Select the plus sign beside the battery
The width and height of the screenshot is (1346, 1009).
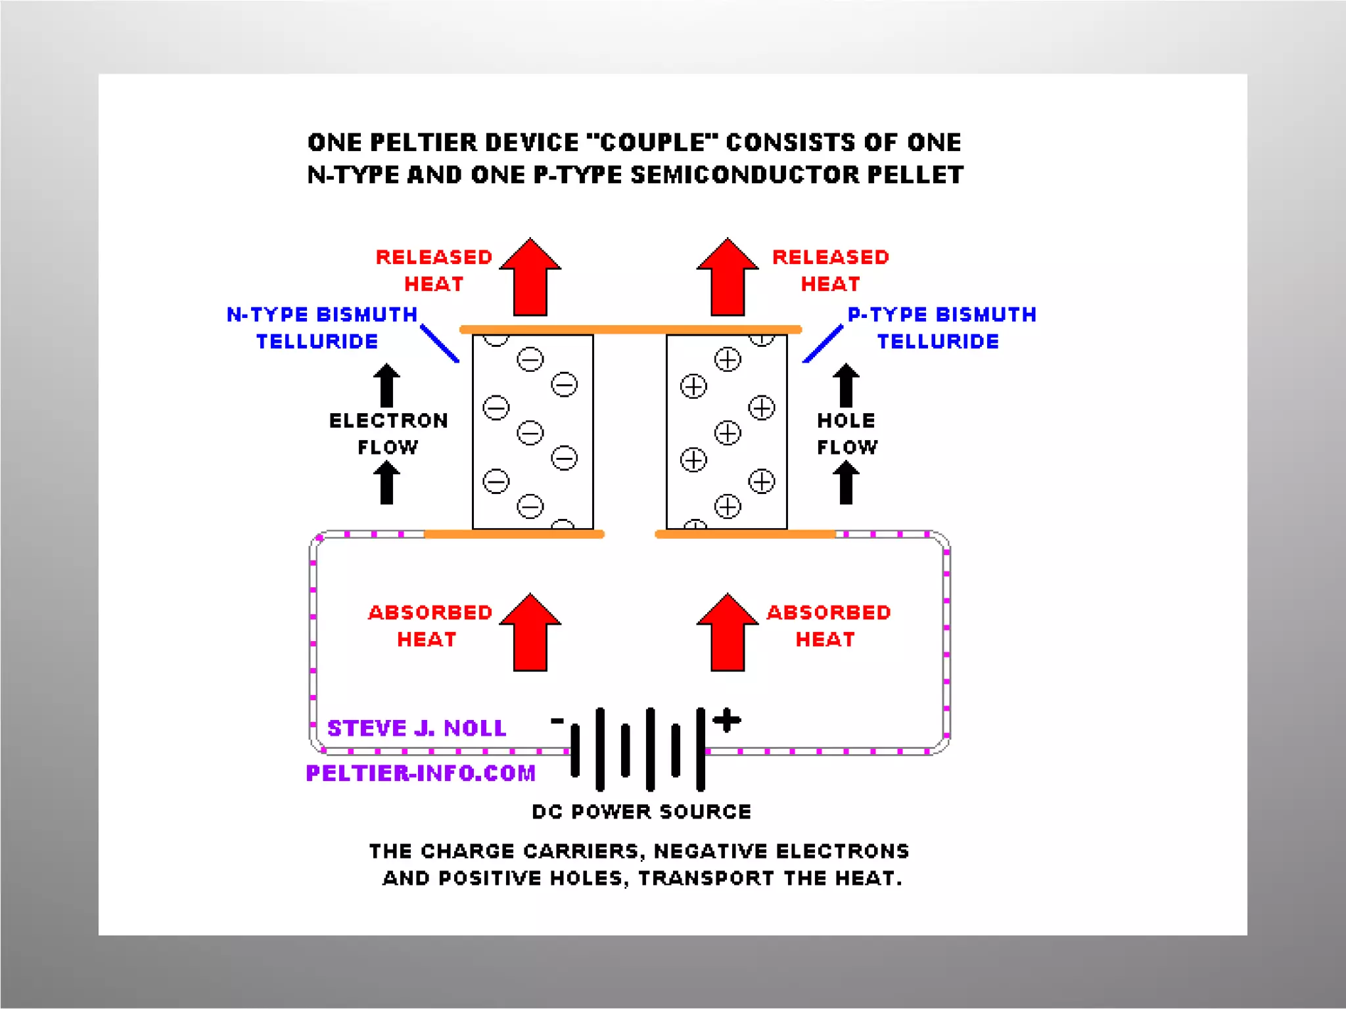[727, 720]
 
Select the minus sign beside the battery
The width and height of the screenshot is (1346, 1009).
[557, 721]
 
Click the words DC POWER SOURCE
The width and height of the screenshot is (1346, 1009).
[641, 812]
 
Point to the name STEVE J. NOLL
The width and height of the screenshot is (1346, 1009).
[417, 728]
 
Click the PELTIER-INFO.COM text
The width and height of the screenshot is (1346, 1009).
[421, 773]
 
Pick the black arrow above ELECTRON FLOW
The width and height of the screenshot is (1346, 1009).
[386, 386]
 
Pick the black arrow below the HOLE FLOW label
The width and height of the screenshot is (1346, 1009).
[846, 483]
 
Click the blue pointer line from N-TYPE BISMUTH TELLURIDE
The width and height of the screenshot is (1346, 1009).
[439, 343]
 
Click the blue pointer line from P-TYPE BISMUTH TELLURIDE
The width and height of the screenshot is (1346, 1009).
[823, 343]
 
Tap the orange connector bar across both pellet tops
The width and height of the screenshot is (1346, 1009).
[630, 329]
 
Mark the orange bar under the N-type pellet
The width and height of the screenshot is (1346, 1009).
[514, 534]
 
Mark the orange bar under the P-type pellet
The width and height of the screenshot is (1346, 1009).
[745, 534]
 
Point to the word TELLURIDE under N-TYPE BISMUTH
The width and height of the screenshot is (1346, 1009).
[317, 342]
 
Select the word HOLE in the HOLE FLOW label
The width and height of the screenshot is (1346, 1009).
[846, 420]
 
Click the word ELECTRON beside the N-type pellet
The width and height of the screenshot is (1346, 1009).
[388, 420]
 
